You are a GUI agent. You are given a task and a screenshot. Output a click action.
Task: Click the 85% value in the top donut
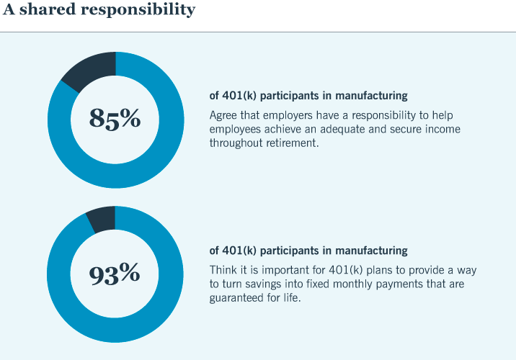click(115, 118)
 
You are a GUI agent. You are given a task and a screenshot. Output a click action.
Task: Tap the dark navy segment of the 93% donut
click(102, 218)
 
